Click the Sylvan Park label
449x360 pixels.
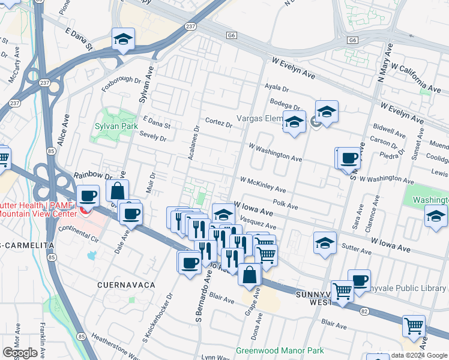(x=116, y=127)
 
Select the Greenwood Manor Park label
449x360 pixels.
(x=279, y=350)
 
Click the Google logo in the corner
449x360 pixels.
(x=20, y=353)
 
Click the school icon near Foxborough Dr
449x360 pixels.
(x=124, y=40)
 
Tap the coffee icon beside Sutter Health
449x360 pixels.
(x=88, y=196)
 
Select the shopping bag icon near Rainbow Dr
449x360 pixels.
(x=118, y=191)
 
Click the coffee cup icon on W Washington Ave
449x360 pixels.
(x=349, y=159)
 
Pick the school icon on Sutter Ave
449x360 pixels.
(x=325, y=244)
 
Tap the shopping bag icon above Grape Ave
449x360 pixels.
(x=250, y=274)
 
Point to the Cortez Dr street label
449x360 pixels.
(x=218, y=122)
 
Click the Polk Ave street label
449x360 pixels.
(x=285, y=205)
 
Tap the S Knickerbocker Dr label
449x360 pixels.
(x=158, y=319)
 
